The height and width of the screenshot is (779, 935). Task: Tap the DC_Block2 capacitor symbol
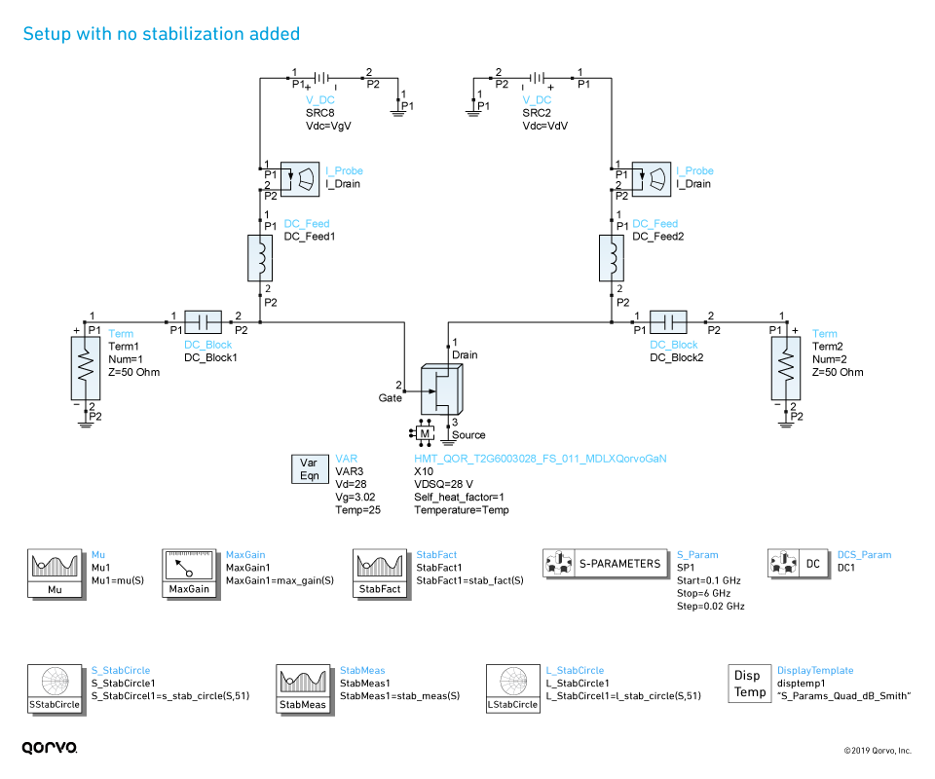pyautogui.click(x=668, y=321)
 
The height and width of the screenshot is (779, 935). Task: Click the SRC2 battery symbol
pyautogui.click(x=539, y=79)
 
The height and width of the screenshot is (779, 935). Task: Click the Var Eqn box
pyautogui.click(x=308, y=469)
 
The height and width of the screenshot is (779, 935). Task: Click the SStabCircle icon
pyautogui.click(x=54, y=688)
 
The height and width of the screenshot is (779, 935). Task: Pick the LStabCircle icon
pyautogui.click(x=512, y=688)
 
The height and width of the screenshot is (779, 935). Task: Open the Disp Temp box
pyautogui.click(x=749, y=683)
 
